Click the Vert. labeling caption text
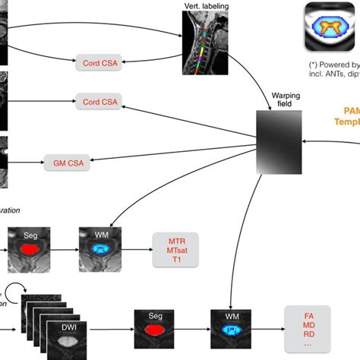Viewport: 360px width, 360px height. point(202,6)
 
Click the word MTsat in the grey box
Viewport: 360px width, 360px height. point(175,248)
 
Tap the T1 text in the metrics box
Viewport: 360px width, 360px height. point(175,259)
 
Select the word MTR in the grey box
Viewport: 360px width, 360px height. point(175,238)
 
